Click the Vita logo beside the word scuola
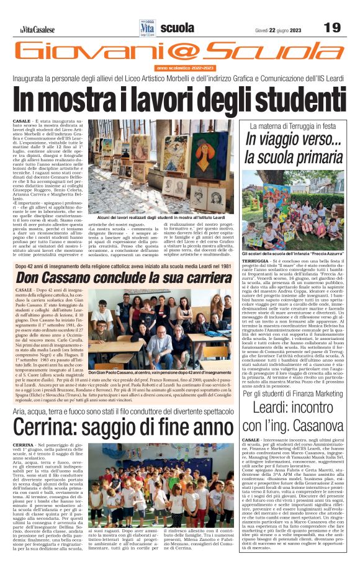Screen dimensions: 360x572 point(148,27)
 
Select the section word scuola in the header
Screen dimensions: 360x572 point(176,27)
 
